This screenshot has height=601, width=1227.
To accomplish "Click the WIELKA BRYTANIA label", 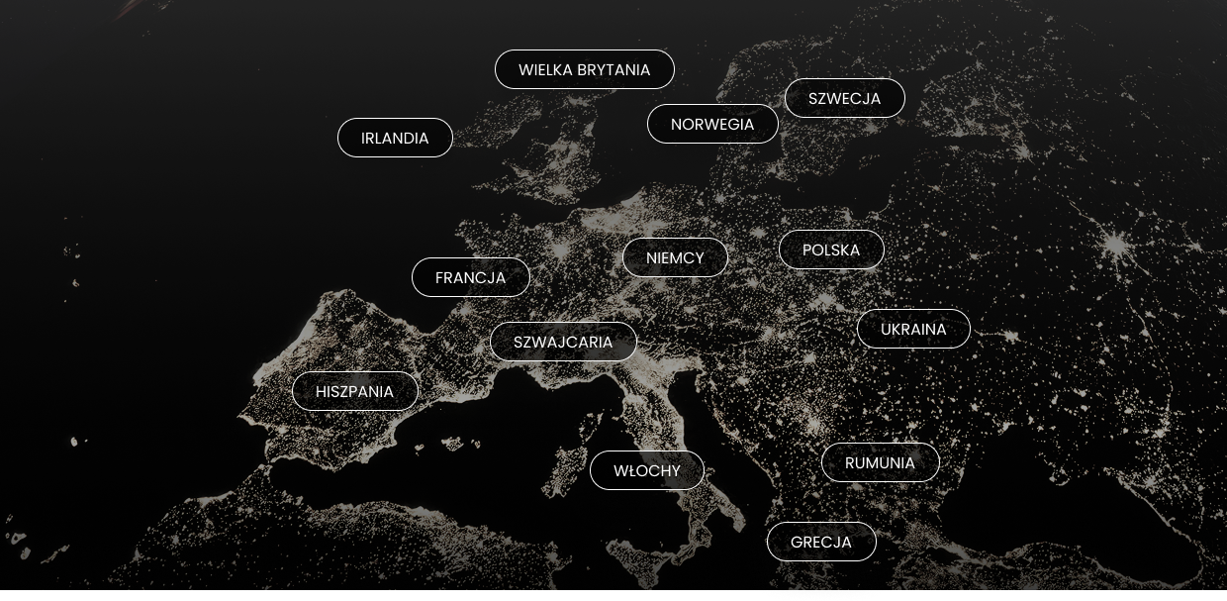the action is (x=584, y=69).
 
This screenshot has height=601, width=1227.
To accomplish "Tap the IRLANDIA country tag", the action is (x=395, y=138).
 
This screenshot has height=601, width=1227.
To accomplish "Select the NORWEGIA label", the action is (x=712, y=124).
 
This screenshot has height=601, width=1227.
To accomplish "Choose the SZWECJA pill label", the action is (x=844, y=98).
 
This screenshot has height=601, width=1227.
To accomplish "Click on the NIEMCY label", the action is (x=675, y=257).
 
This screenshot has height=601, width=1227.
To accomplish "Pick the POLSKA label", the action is (x=831, y=250).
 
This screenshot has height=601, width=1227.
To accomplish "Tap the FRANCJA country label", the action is (x=470, y=277).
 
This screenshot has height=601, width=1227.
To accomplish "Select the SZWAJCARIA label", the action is (x=563, y=342).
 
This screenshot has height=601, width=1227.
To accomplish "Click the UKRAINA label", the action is (x=913, y=329).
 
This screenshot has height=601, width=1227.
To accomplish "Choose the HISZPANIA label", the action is (x=354, y=391).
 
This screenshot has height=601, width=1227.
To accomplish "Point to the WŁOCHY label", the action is (x=647, y=470).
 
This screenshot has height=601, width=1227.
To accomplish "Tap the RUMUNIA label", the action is (x=880, y=462).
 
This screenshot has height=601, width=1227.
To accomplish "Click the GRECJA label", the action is (x=821, y=542).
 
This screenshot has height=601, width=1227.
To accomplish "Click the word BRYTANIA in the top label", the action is (x=613, y=69).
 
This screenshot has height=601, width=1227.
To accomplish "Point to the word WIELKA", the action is (x=545, y=69).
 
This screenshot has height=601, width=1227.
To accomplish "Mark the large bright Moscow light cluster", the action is (x=1116, y=243).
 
